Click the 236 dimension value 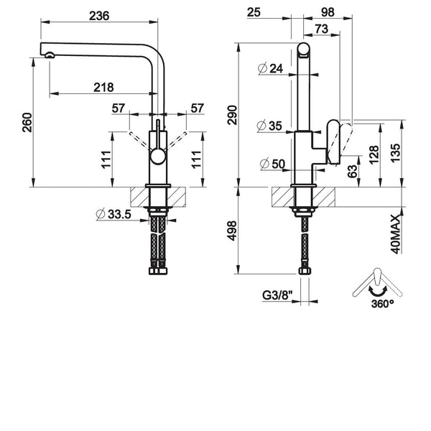click(99, 16)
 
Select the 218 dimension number click(103, 88)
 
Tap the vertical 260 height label click(27, 122)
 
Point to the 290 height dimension click(232, 115)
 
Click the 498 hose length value click(232, 231)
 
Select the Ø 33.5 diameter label click(113, 214)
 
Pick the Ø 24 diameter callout click(271, 68)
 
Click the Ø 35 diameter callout click(269, 126)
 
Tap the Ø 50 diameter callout click(272, 164)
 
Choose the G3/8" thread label click(277, 295)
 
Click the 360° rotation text click(382, 304)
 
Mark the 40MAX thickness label click(396, 234)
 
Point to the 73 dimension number click(322, 29)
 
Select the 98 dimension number click(328, 12)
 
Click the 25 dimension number click(254, 12)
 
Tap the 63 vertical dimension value click(353, 171)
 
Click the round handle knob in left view click(157, 157)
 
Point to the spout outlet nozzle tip click(50, 55)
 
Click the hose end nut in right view click(305, 271)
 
